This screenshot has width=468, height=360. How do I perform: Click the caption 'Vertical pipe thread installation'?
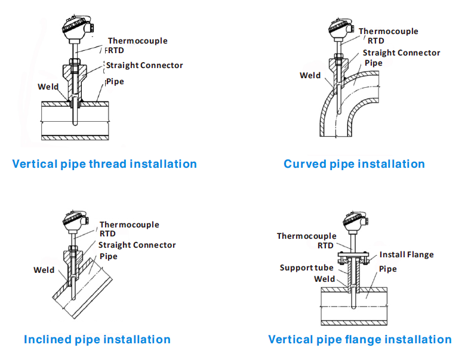tap(104, 164)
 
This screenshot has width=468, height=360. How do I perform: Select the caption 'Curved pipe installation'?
tap(354, 164)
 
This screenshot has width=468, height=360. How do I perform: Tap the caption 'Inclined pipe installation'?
tap(97, 339)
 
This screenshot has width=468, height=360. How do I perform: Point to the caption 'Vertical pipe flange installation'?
tap(359, 339)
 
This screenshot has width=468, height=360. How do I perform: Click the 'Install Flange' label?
tap(407, 254)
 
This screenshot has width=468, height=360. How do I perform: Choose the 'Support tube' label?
tap(307, 267)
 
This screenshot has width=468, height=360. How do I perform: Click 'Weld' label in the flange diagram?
tap(324, 279)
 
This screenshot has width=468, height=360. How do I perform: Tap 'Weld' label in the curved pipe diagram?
tap(310, 75)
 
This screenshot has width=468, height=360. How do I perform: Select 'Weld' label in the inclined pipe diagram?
tap(44, 270)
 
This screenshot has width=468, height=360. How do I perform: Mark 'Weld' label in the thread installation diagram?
tap(48, 87)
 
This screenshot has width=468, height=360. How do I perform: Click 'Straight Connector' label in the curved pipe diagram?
tap(401, 53)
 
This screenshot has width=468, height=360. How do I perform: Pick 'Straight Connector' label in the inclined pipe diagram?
tap(137, 245)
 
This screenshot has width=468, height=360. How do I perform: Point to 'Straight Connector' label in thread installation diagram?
tap(144, 65)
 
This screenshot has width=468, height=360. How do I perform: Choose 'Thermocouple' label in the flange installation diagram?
tap(306, 236)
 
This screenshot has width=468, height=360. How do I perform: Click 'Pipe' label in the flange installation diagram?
tap(387, 269)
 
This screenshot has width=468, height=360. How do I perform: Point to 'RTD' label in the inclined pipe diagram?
tap(107, 234)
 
